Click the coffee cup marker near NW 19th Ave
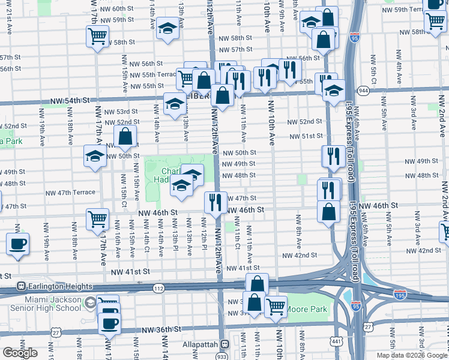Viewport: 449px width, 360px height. (x=17, y=244)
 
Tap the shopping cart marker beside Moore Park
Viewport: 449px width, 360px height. (x=276, y=305)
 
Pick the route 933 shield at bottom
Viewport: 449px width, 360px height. (x=223, y=355)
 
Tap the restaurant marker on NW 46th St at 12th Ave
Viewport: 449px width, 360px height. (x=215, y=202)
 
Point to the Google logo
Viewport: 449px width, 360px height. (x=20, y=353)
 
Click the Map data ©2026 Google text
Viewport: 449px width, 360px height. (x=411, y=355)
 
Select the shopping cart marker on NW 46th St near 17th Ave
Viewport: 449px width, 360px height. (x=97, y=219)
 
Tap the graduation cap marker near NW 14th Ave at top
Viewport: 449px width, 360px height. (x=168, y=28)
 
